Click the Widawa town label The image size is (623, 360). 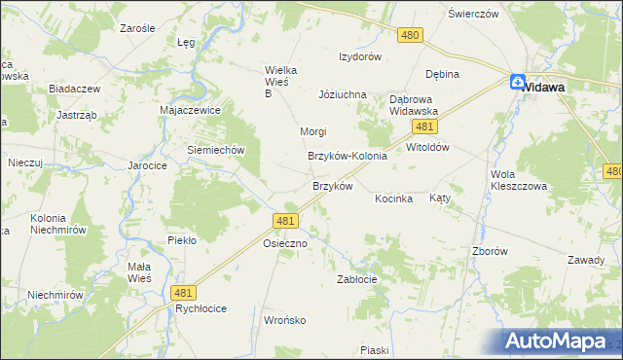click(x=546, y=86)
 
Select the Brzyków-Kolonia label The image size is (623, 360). click(x=348, y=156)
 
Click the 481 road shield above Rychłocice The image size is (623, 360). click(x=182, y=292)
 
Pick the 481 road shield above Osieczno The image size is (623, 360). click(x=285, y=222)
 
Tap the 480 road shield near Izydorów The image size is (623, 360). click(x=410, y=35)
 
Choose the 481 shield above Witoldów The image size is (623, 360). click(x=422, y=127)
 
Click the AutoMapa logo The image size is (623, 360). click(x=563, y=341)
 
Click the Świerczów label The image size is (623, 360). click(x=473, y=15)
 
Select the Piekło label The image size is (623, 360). click(x=182, y=239)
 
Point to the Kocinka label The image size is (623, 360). click(x=394, y=198)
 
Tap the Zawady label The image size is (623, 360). click(x=587, y=260)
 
